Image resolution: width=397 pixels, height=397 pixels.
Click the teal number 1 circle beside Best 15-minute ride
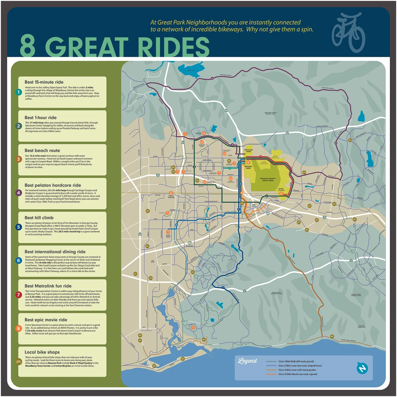pos(19,92)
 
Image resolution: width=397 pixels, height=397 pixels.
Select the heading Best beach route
pos(42,150)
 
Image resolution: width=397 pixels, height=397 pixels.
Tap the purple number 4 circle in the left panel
pos(19,193)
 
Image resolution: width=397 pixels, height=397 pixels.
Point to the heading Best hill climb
pos(39,218)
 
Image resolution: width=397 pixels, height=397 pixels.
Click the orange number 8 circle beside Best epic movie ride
pos(19,328)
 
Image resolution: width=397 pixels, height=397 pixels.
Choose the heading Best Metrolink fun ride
pos(48,286)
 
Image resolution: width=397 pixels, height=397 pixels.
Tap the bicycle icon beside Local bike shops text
pos(19,362)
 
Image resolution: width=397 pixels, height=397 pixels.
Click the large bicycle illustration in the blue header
pos(348,32)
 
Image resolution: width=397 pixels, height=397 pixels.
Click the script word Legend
pos(247,361)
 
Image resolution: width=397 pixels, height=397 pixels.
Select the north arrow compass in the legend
pos(362,368)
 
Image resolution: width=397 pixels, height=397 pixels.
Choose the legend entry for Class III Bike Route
pos(297,374)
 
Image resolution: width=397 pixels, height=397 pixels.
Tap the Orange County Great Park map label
pos(268,179)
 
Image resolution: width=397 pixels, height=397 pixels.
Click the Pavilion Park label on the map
pos(248,151)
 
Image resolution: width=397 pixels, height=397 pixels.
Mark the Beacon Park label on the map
pos(248,167)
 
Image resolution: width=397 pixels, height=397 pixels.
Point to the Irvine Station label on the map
pos(281,190)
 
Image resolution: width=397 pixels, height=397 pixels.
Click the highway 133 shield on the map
pos(254,206)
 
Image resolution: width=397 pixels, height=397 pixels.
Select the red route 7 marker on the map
pos(261,157)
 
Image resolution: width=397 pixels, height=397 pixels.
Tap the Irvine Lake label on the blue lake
pos(191,70)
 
